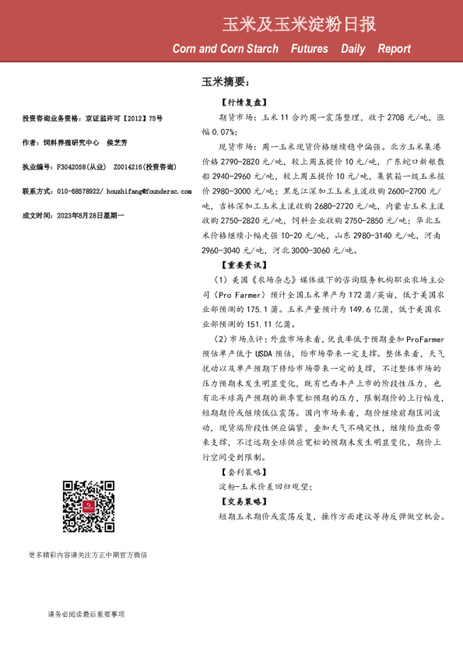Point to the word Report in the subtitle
click(395, 49)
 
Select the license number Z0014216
click(128, 166)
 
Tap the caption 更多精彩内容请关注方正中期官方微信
click(88, 555)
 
